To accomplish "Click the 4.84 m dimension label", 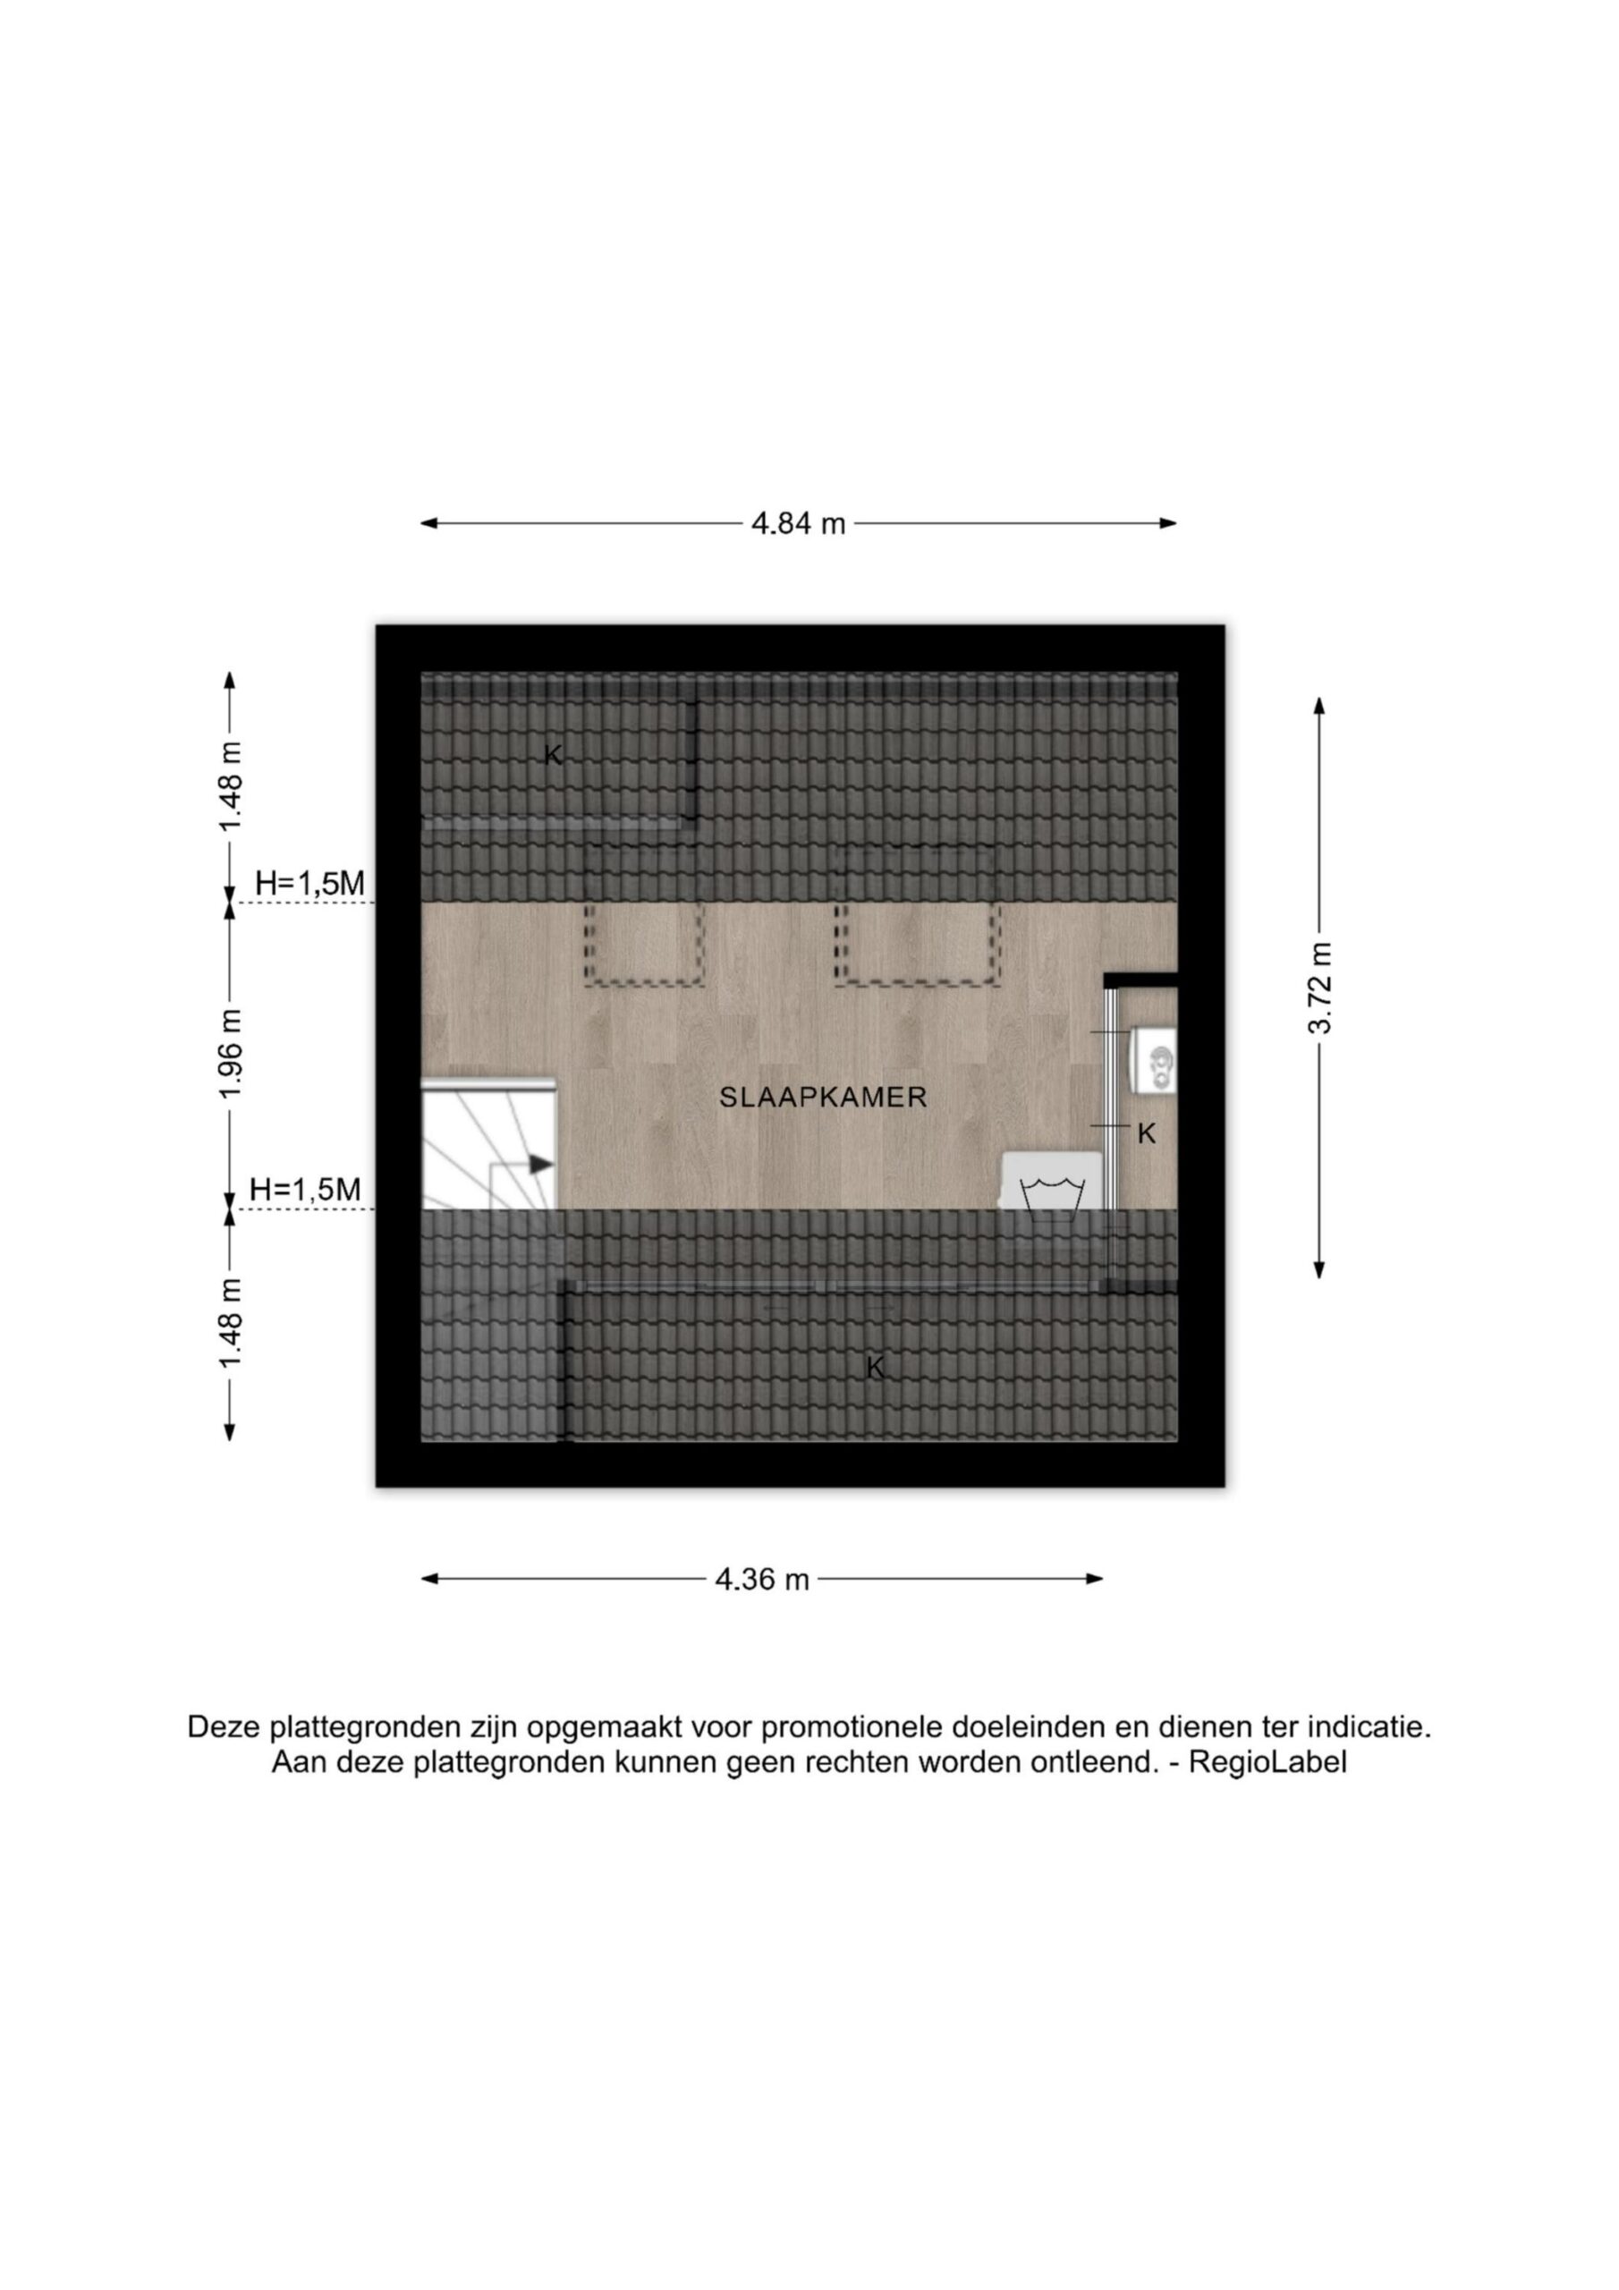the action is coord(798,523).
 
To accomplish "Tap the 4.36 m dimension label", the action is coord(762,1579).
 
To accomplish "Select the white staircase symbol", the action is coord(487,1143).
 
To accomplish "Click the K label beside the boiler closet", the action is coord(1148,1133).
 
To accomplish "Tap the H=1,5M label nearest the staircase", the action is coord(305,1189).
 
